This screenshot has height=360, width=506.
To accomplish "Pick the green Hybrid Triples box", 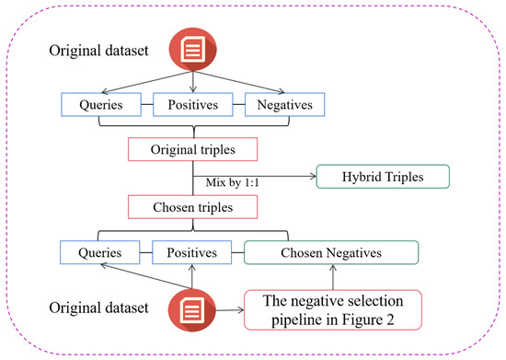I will (382, 177).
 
